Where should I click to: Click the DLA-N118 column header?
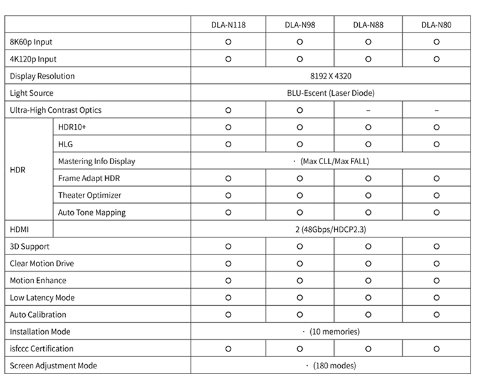(x=228, y=25)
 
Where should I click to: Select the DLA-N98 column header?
(x=300, y=25)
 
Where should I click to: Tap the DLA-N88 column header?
(x=368, y=25)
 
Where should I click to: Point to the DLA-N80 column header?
(x=436, y=25)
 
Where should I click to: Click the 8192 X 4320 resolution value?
(x=330, y=76)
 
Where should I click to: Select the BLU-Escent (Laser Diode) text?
(x=330, y=93)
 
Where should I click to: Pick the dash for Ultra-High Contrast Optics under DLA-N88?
(x=368, y=110)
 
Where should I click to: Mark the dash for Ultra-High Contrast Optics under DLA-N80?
(x=436, y=110)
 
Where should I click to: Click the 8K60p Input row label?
(x=31, y=42)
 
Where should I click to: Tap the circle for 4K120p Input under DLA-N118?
(x=228, y=60)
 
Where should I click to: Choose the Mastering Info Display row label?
(x=96, y=162)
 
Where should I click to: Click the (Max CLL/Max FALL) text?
(x=335, y=162)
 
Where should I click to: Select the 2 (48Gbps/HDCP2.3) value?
(x=330, y=230)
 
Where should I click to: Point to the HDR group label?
(x=18, y=170)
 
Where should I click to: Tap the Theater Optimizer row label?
(x=90, y=196)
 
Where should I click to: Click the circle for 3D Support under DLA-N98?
(x=300, y=247)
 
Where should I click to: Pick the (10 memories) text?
(x=335, y=332)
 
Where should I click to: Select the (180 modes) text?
(x=335, y=366)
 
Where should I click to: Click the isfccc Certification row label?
(x=42, y=349)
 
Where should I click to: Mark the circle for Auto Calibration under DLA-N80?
(x=436, y=315)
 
